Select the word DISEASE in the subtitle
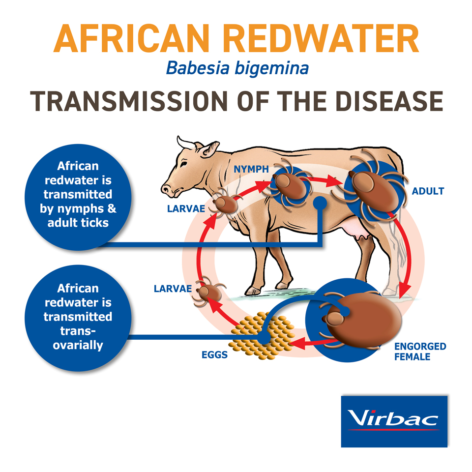389,101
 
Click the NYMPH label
251,169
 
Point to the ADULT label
428,191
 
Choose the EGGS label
214,355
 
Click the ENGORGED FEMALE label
420,352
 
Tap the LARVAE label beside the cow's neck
186,208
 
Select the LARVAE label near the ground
173,289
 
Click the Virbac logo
394,421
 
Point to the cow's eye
183,164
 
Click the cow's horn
186,143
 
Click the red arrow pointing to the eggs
313,343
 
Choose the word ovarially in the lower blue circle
78,345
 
